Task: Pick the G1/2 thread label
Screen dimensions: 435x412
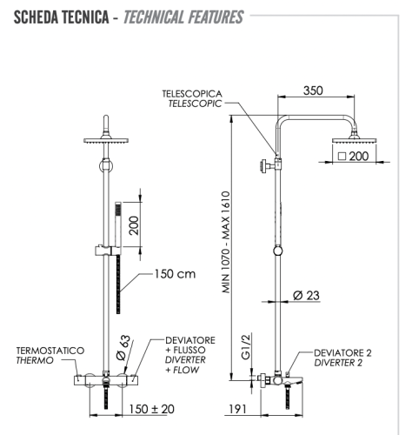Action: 246,349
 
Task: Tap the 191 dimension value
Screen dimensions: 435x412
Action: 242,407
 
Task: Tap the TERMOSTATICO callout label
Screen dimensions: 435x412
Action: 50,350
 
